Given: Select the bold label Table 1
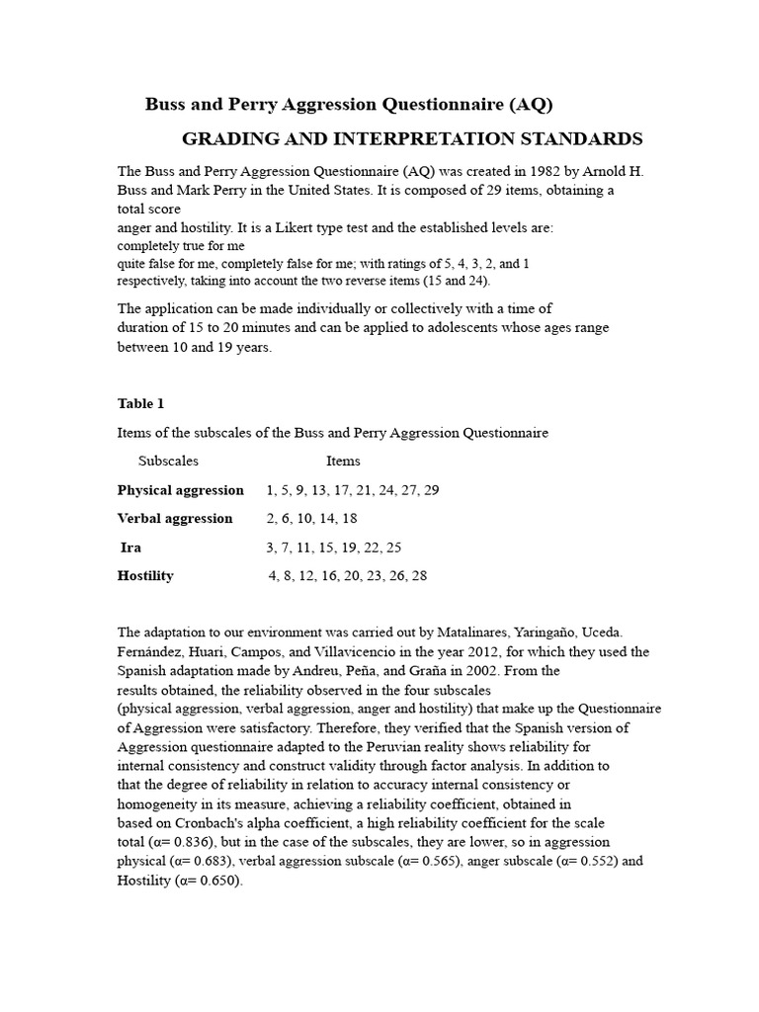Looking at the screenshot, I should (135, 403).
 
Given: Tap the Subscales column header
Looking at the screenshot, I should (169, 461).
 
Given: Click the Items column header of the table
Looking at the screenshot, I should (343, 461).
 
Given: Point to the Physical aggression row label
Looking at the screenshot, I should (181, 490).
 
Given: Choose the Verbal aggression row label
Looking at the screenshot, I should (175, 518).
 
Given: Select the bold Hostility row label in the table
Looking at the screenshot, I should (145, 575).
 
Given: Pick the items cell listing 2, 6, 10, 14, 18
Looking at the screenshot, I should (311, 518).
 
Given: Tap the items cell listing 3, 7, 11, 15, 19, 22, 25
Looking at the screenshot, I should (333, 547).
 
